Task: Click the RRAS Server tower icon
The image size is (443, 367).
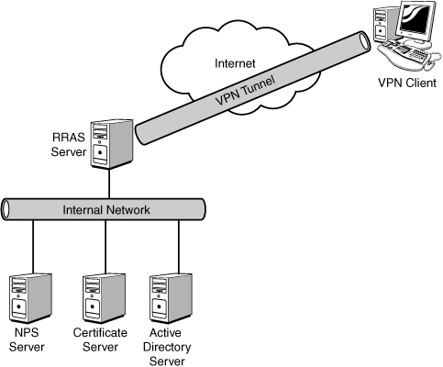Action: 112,144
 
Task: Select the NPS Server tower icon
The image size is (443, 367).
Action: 30,298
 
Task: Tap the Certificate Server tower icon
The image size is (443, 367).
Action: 105,298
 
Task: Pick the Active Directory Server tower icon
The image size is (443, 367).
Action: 172,298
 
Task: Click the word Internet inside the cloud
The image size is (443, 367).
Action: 235,63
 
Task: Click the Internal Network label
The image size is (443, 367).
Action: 106,210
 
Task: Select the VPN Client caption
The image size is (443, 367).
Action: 407,83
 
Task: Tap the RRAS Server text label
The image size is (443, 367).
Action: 69,144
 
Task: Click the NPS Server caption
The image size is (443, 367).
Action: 27,339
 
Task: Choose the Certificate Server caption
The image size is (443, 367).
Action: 100,339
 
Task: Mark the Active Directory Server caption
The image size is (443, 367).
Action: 167,347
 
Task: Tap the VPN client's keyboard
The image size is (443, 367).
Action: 404,54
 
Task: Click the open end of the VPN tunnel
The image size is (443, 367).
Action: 364,40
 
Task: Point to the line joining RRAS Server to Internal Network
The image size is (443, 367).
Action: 109,183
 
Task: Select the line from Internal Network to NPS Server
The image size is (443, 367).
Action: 33,248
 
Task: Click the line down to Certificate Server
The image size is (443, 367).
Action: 105,247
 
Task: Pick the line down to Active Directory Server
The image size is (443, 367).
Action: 179,247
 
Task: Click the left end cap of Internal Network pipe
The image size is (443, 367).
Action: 6,209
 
